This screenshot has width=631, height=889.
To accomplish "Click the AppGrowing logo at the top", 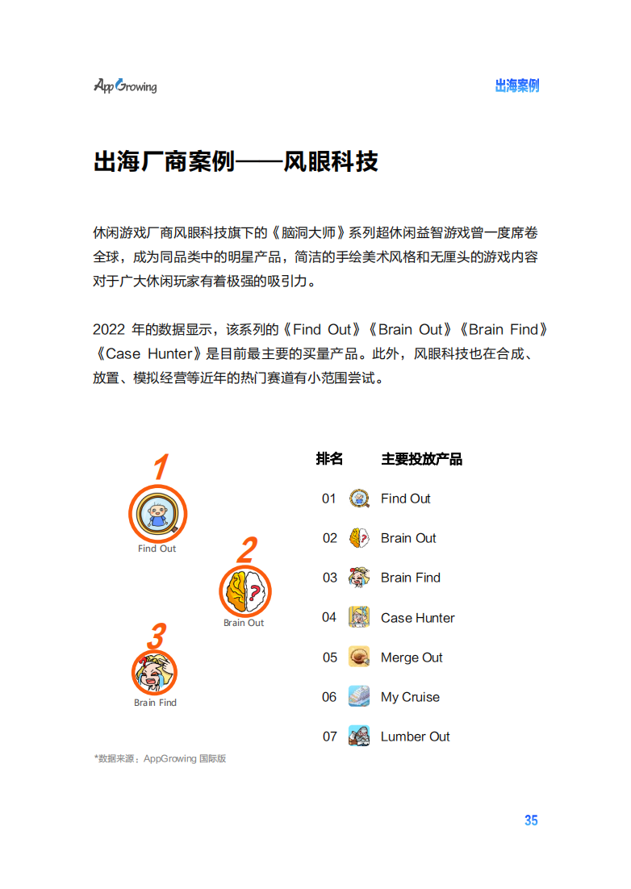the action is point(125,86).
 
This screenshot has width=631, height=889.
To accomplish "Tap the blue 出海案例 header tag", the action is point(517,86).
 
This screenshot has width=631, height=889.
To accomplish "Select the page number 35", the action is point(531,820).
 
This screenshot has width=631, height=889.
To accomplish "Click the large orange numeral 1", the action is point(161,467).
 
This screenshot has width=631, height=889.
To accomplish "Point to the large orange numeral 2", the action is point(248,550).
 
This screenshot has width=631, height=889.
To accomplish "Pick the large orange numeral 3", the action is point(157,636).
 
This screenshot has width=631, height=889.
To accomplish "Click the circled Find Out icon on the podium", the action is point(157,514).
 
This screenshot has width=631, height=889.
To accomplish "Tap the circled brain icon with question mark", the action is point(245,591).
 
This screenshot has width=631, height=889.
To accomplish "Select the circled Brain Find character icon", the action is point(154,673).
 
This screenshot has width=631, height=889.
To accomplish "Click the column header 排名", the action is point(329,459).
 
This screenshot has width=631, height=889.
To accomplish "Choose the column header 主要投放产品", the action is point(422,459).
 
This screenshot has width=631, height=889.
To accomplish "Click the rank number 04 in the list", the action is point(329,617).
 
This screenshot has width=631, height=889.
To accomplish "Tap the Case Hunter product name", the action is point(418,618).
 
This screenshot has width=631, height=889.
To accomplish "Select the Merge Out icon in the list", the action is point(359,657).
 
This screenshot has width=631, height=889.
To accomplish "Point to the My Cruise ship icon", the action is point(359,696).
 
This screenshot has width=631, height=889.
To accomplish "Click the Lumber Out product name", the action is point(415,737).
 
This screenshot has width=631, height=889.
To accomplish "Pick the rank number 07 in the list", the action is point(329,737).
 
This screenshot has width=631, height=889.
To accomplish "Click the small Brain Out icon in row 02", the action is point(359,537).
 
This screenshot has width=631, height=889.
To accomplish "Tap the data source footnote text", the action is point(160,758).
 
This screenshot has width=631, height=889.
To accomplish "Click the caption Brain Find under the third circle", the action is point(156,703).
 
